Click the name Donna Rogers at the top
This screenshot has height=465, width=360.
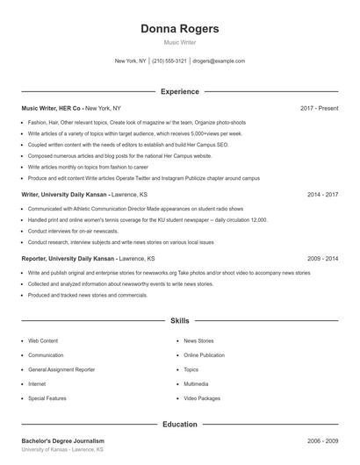point(180,29)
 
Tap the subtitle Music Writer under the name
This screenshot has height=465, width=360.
point(180,42)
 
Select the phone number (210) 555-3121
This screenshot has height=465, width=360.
point(169,61)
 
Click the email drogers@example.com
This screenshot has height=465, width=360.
point(219,61)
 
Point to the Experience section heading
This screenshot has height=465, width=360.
point(180,91)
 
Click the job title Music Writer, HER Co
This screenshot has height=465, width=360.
point(52,108)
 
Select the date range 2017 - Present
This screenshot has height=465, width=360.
point(319,108)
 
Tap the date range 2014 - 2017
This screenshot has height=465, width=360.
point(322,195)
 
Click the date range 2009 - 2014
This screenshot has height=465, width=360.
point(322,259)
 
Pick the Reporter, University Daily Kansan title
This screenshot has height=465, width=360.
point(68,259)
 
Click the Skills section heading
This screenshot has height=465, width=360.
point(180,322)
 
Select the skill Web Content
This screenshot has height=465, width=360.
point(43,340)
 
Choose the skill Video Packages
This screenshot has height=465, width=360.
point(202,398)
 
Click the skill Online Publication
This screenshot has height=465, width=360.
point(204,355)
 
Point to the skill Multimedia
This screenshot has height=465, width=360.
point(196,383)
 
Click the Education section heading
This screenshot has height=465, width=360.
point(180,425)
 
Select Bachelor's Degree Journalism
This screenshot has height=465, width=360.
point(63,440)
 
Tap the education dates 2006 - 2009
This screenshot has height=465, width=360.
point(322,440)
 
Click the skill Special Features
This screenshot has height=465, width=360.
point(47,398)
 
